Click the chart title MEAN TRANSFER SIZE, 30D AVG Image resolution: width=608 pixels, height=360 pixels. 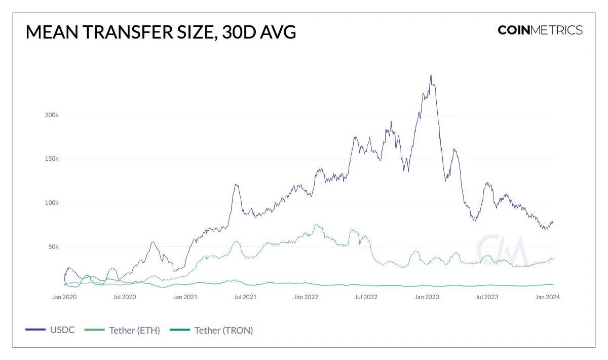(x=161, y=32)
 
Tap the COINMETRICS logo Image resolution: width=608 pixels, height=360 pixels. (x=540, y=30)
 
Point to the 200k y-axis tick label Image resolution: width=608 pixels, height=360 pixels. (x=52, y=115)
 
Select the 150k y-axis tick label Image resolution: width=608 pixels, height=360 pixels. (x=52, y=159)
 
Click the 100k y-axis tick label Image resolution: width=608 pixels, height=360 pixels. (x=52, y=203)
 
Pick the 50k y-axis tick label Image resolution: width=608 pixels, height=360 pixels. (x=53, y=247)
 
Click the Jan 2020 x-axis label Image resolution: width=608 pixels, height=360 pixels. (x=64, y=297)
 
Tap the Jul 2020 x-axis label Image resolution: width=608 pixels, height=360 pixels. (x=124, y=297)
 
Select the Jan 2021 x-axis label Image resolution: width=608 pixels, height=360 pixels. (x=185, y=297)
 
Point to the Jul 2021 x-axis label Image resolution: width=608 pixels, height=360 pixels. (x=245, y=297)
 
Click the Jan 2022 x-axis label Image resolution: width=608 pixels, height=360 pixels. (x=306, y=297)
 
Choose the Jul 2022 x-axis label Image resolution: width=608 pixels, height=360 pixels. (x=366, y=297)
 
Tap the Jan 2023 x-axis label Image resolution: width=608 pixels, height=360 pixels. (x=427, y=297)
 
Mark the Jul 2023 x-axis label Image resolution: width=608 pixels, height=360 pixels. (x=487, y=297)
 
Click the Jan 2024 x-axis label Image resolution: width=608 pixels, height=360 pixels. (x=547, y=297)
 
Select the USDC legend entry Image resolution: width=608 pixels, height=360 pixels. (x=51, y=330)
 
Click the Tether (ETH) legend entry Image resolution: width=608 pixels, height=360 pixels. (x=123, y=330)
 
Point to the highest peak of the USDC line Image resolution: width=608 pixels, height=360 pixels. (x=431, y=75)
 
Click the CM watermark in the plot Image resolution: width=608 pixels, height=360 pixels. (x=502, y=249)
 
